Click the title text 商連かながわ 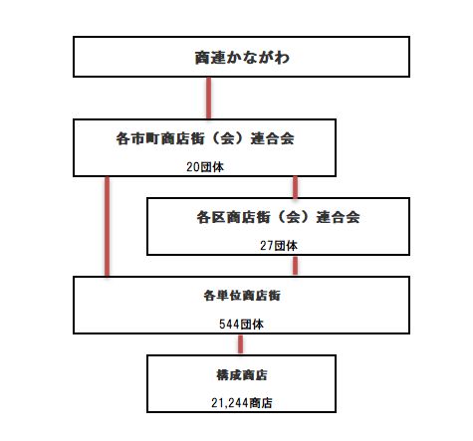242,58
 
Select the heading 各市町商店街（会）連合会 205,138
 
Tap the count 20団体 205,167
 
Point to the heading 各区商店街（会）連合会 278,217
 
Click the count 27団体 279,246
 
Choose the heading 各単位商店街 242,296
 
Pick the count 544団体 241,324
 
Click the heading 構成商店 242,375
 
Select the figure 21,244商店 242,403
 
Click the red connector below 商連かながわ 208,99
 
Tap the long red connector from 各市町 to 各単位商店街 107,226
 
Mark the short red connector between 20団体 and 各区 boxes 295,187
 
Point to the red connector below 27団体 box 295,266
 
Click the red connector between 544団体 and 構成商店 240,344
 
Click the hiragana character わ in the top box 282,58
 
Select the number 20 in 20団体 192,167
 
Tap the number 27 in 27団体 266,246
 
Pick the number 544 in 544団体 229,325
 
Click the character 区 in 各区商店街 219,217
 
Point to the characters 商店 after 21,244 261,403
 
